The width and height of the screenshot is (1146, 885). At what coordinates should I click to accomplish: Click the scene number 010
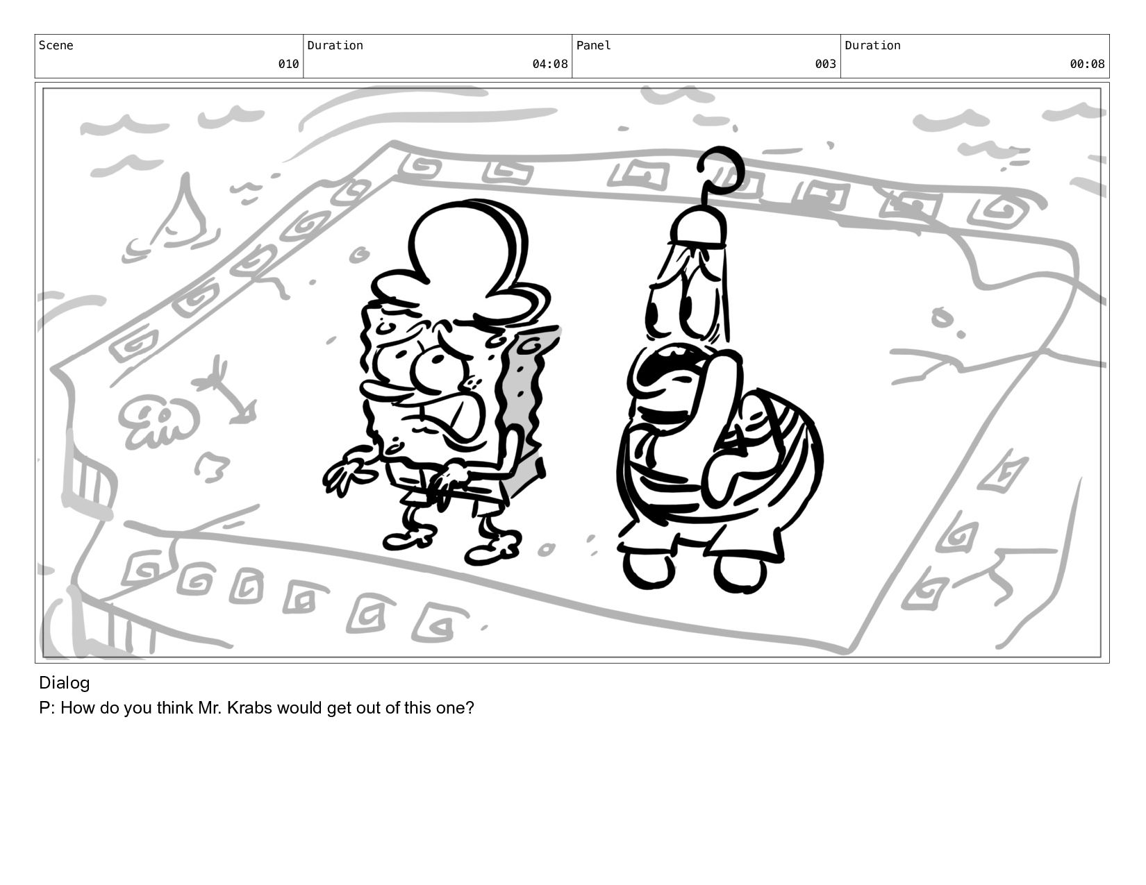coord(288,64)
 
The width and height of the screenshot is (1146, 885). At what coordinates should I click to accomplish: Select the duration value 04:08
coord(549,64)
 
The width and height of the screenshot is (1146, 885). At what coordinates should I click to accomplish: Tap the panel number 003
coord(825,64)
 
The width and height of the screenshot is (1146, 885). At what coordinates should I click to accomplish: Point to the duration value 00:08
coord(1087,64)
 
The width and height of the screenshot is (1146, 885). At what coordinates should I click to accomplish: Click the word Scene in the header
coord(56,45)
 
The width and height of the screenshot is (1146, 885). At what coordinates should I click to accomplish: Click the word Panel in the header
coord(593,45)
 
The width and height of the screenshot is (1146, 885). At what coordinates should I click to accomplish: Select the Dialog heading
coord(65,684)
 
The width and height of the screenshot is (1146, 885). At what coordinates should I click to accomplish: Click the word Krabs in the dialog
coord(249,708)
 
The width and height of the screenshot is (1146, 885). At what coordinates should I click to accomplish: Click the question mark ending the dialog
coord(470,708)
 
